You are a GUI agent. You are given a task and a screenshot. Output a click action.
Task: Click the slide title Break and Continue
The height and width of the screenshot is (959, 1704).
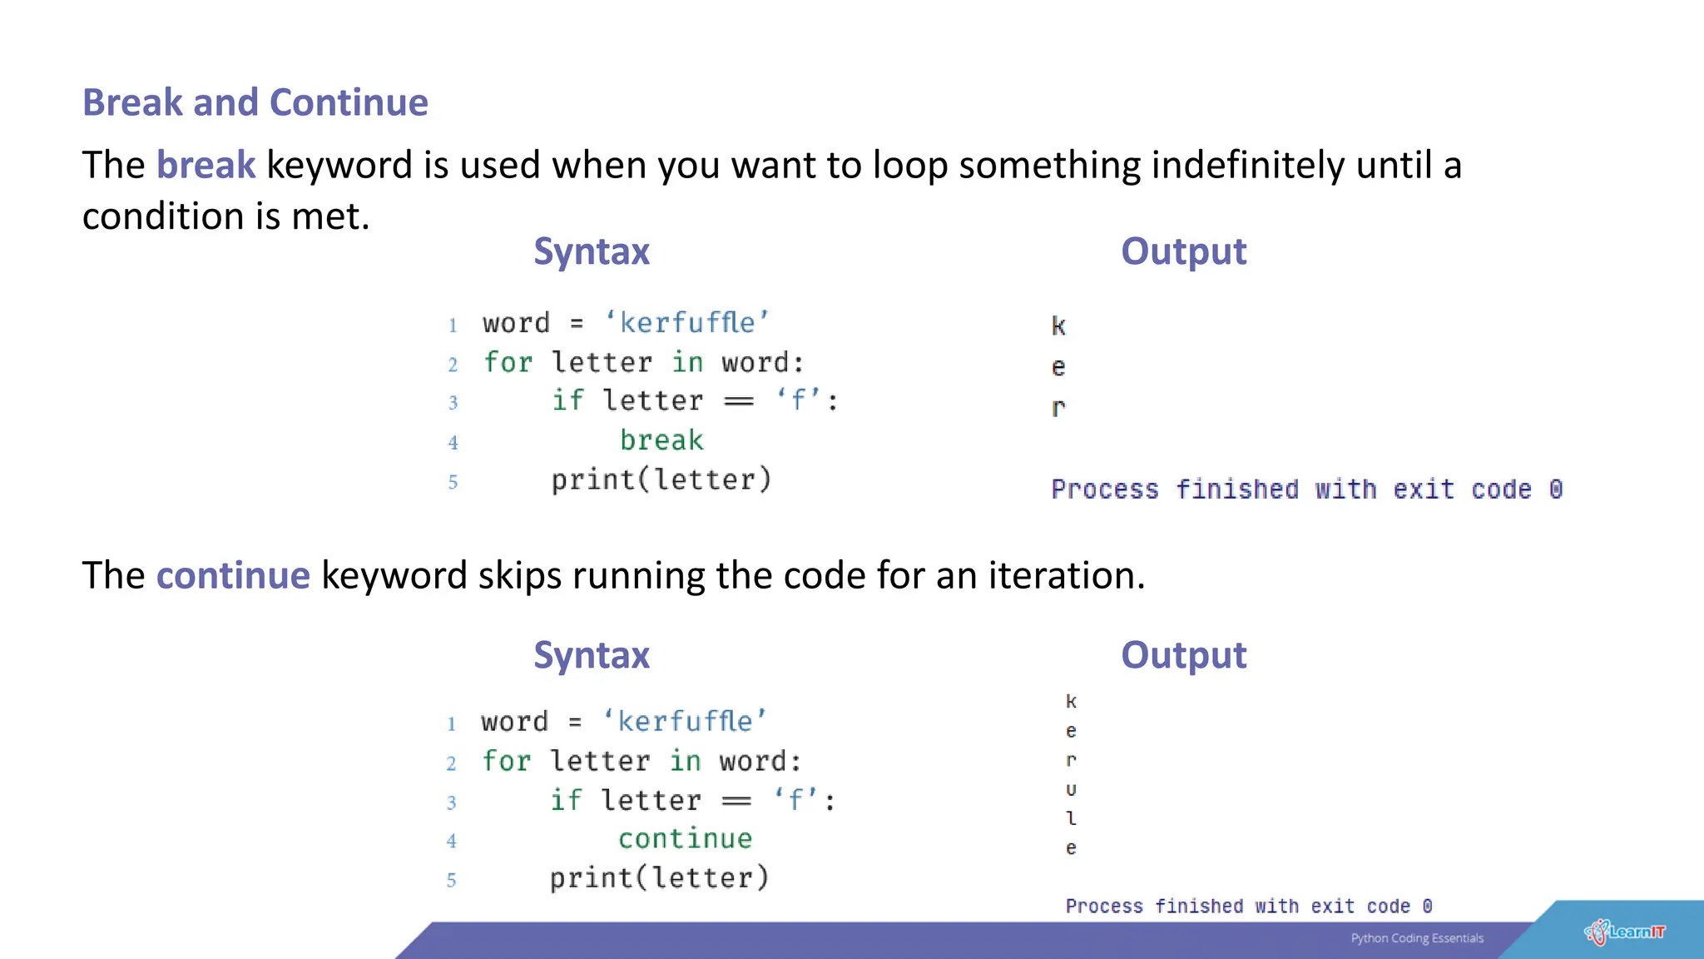(255, 102)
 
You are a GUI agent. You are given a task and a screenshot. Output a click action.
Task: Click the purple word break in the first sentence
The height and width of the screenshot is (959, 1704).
(206, 165)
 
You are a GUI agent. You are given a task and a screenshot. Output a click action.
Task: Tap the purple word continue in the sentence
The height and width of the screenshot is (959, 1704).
(233, 575)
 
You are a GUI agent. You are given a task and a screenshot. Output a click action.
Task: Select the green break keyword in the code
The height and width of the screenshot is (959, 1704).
(661, 440)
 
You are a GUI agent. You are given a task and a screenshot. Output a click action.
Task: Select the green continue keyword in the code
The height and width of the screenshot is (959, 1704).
(685, 838)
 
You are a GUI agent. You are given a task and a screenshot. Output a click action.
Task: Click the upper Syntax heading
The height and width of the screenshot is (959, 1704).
(591, 251)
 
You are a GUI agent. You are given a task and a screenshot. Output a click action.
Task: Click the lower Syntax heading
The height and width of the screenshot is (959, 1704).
(591, 655)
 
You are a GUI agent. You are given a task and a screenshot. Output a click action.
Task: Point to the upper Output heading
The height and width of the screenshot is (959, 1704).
(1183, 251)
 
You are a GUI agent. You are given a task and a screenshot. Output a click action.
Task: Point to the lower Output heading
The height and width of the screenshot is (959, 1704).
(1183, 655)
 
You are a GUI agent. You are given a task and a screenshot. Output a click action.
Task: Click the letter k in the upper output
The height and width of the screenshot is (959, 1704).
(1058, 325)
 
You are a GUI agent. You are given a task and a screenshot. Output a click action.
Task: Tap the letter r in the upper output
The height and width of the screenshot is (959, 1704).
(1058, 408)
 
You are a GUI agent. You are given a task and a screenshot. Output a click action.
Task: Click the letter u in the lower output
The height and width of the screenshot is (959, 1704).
(1071, 789)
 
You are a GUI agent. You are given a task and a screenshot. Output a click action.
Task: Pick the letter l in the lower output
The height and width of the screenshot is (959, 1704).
(1071, 818)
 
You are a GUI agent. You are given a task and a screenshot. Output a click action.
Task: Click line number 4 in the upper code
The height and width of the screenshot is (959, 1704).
(453, 443)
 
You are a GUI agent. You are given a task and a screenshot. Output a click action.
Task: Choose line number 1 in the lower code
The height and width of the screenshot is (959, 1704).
(451, 723)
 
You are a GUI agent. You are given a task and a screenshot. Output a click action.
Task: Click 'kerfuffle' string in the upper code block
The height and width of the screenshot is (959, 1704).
(686, 323)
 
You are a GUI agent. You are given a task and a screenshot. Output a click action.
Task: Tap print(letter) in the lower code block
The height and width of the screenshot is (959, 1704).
(659, 877)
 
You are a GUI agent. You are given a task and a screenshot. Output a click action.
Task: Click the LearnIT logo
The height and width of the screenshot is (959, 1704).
(1625, 932)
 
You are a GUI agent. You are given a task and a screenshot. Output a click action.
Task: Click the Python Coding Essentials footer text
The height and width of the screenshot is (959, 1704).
(1417, 938)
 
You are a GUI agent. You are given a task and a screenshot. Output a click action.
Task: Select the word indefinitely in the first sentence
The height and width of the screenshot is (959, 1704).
(1247, 165)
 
